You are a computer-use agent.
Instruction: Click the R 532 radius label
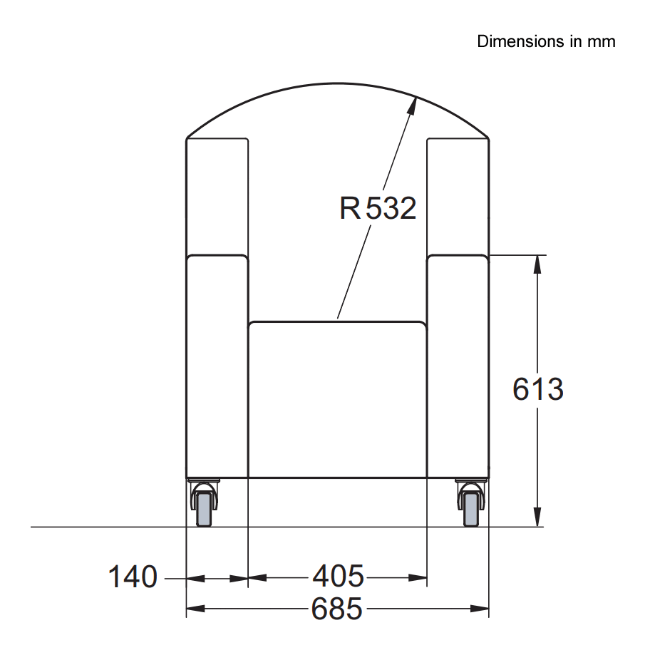pyautogui.click(x=378, y=209)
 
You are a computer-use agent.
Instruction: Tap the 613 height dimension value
pyautogui.click(x=538, y=390)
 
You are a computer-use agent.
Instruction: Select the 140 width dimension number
pyautogui.click(x=133, y=577)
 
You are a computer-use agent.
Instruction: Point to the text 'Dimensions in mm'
pyautogui.click(x=546, y=41)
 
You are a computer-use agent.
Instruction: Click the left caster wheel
pyautogui.click(x=204, y=507)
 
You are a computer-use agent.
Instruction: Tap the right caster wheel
pyautogui.click(x=470, y=507)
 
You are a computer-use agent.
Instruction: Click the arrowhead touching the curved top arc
pyautogui.click(x=412, y=104)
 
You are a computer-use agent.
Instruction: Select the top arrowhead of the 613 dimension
pyautogui.click(x=538, y=263)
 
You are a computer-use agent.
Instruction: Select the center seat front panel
pyautogui.click(x=337, y=399)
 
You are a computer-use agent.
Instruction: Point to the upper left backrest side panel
pyautogui.click(x=217, y=196)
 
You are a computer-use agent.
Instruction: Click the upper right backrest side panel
pyautogui.click(x=458, y=196)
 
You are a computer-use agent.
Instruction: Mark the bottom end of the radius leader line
pyautogui.click(x=338, y=317)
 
